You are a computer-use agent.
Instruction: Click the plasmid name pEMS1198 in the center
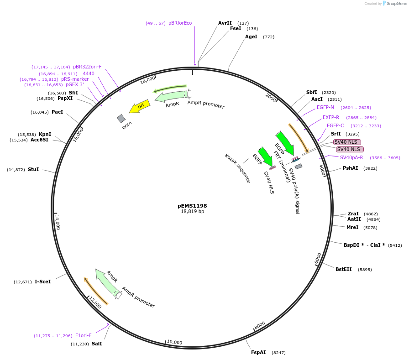192,206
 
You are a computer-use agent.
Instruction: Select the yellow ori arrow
140,107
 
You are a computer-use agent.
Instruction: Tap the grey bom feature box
121,119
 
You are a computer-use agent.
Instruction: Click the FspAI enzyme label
258,352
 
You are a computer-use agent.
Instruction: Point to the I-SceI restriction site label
43,282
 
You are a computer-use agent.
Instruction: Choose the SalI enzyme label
97,344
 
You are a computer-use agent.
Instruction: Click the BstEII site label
344,269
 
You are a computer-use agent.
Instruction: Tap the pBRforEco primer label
180,23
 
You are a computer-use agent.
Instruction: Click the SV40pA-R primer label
351,157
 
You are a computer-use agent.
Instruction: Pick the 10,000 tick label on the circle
174,342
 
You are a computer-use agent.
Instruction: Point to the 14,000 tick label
58,223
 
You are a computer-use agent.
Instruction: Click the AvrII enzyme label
225,23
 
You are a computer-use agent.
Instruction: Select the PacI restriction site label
57,112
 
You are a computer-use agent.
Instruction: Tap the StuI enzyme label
33,169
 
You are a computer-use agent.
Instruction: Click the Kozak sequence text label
238,168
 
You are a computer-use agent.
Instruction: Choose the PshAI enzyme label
351,168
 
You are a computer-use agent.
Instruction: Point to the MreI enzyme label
352,227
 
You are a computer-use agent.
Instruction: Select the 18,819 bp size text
192,212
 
